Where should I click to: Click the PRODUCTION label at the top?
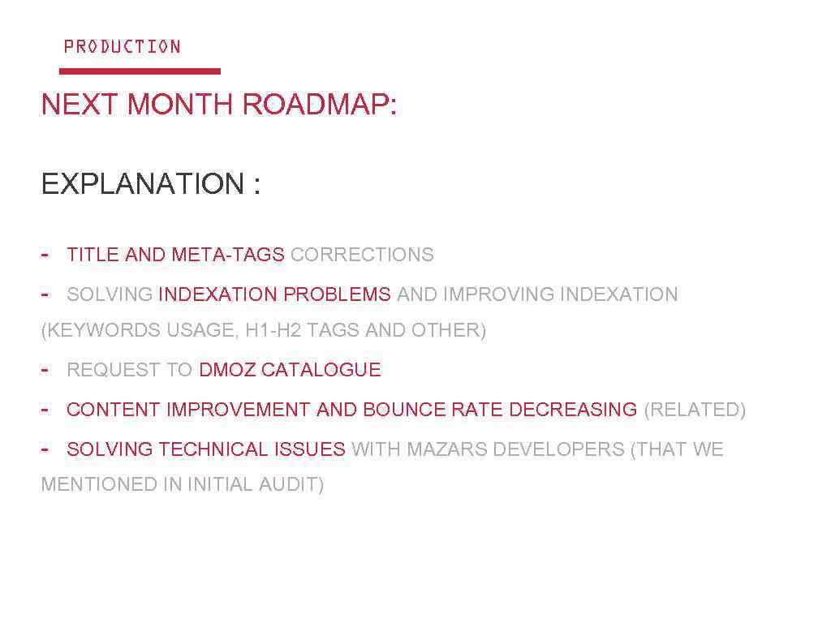tap(122, 46)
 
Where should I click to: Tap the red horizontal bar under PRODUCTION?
tap(140, 71)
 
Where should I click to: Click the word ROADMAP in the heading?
tap(319, 105)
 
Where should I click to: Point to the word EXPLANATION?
tap(143, 184)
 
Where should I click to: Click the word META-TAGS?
tap(228, 255)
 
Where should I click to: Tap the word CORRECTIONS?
tap(362, 255)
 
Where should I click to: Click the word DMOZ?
tap(227, 370)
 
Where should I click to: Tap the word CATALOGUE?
tap(321, 370)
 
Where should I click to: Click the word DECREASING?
tap(573, 410)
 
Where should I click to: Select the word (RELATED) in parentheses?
tap(695, 410)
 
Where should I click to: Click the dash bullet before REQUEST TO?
tap(45, 369)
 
